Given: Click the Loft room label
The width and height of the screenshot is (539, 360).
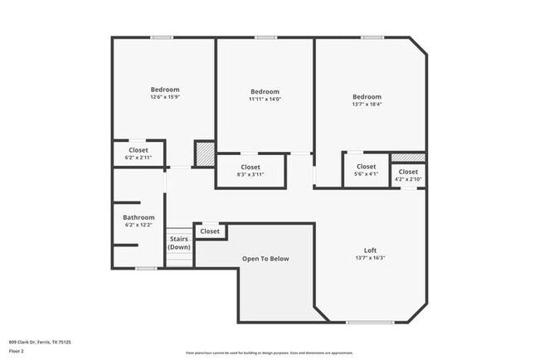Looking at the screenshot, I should [370, 251].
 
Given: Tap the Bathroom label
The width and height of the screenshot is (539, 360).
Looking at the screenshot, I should [138, 217].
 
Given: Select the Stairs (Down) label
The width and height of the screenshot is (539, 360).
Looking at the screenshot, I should [178, 243].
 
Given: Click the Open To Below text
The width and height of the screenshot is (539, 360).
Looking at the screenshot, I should [265, 259].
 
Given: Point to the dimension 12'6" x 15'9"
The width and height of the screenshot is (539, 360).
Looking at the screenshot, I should [164, 98].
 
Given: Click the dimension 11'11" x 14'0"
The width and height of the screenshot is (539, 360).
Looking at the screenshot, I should [265, 100].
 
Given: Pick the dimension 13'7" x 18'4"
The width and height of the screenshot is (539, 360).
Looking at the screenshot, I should [367, 105].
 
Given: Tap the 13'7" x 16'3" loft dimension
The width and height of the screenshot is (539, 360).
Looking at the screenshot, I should [370, 258].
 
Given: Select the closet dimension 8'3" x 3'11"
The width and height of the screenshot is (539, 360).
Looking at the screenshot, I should [250, 175].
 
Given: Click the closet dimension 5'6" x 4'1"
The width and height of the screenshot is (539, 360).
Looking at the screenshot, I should [366, 174].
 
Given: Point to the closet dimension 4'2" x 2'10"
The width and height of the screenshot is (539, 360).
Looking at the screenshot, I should [408, 179].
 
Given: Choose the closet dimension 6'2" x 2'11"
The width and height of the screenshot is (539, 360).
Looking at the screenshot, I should [138, 157].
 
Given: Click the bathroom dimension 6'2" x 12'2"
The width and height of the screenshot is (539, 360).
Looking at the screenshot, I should [138, 225].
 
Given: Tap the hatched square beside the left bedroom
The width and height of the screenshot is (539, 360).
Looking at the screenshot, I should [204, 153].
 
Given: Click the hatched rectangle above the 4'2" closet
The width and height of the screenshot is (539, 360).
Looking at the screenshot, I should [408, 157].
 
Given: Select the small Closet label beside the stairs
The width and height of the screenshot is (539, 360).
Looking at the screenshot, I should [210, 231].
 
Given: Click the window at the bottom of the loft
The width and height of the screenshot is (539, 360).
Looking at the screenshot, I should [370, 322].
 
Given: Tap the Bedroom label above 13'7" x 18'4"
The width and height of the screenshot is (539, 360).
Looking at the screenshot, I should [367, 96].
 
